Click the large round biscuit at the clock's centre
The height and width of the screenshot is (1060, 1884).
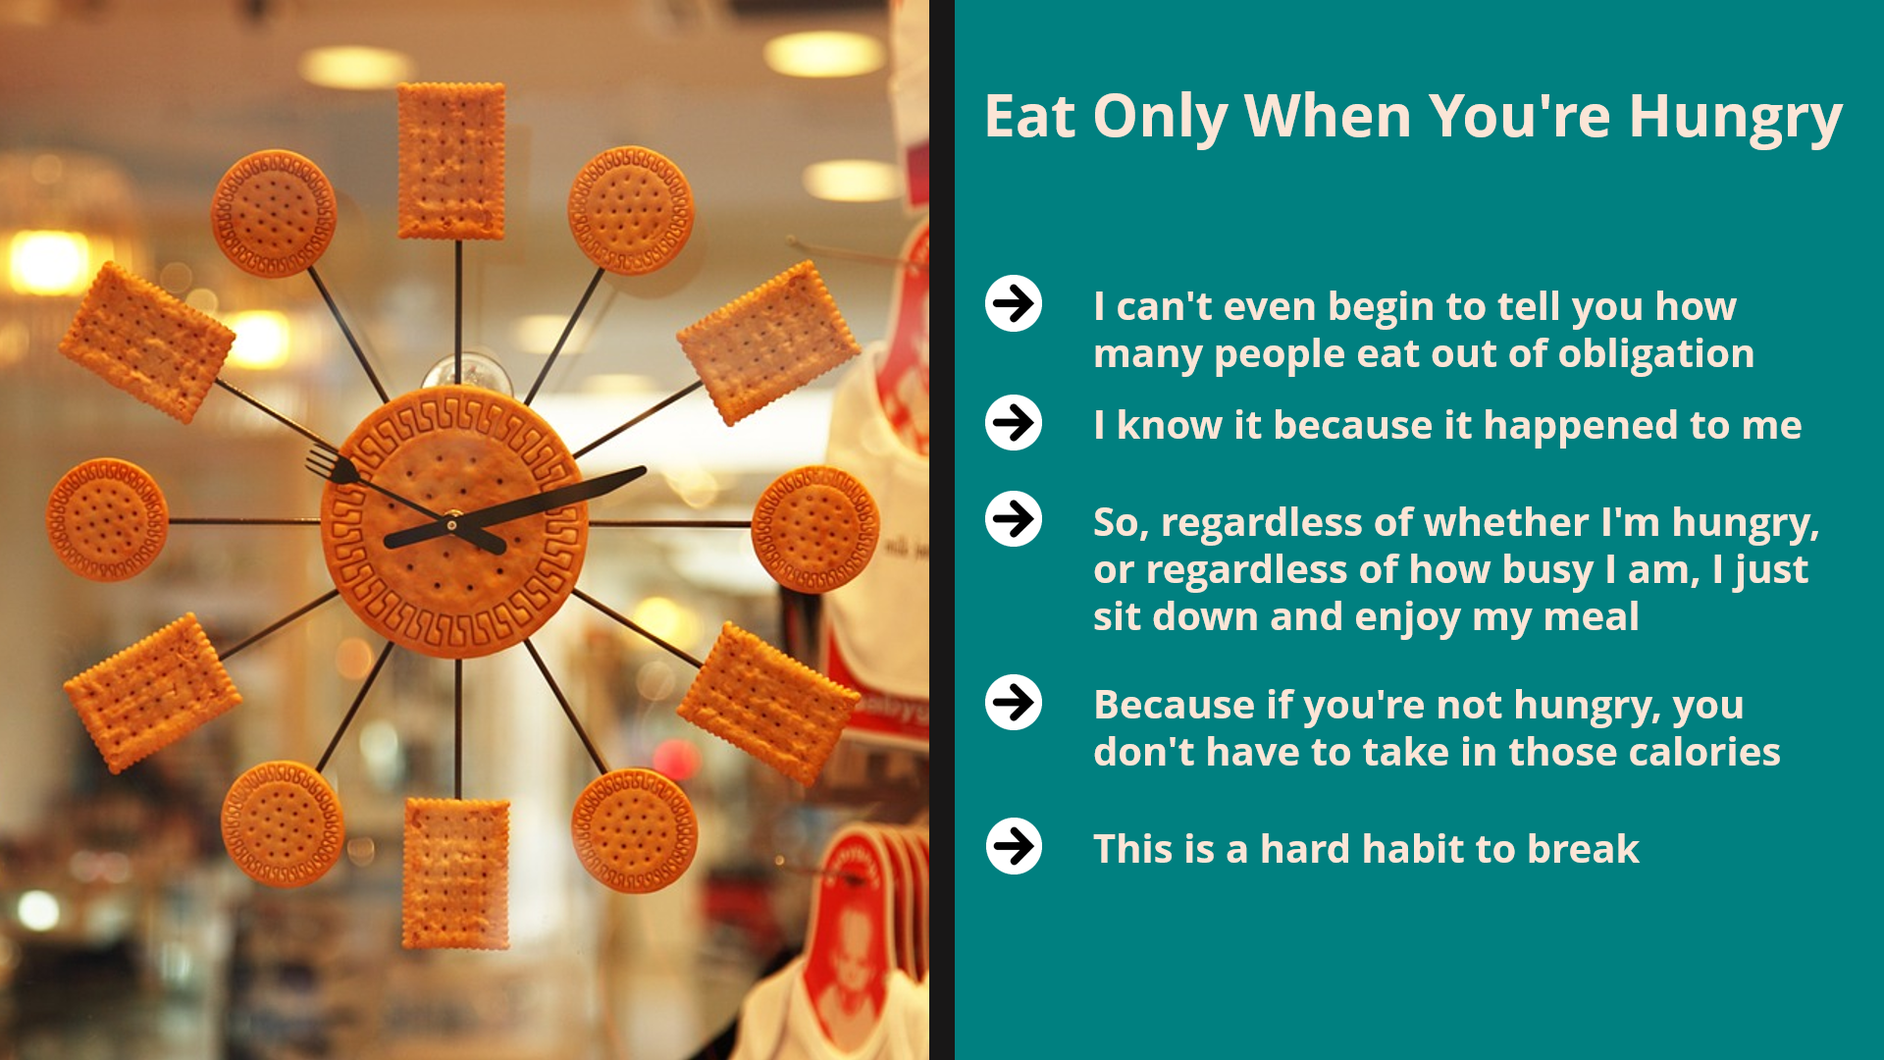(454, 522)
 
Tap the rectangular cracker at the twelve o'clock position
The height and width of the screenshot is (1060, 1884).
(451, 161)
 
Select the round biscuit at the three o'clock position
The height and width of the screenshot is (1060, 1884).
(814, 529)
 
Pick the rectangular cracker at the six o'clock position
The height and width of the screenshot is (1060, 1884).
(457, 874)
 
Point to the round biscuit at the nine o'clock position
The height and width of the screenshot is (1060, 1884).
(107, 519)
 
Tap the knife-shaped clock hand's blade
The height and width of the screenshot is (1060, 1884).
(579, 494)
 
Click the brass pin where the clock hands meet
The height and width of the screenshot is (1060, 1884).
(452, 525)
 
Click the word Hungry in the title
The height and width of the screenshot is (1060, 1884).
(1735, 118)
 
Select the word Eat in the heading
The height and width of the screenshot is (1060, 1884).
(1029, 116)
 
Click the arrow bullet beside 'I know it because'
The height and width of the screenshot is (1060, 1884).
(1014, 423)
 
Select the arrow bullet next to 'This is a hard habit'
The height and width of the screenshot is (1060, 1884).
(1014, 846)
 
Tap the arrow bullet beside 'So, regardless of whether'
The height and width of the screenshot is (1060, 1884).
(1014, 518)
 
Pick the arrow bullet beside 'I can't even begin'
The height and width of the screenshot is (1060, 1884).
(1014, 303)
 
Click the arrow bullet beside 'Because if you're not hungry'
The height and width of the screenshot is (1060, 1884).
(1014, 703)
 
